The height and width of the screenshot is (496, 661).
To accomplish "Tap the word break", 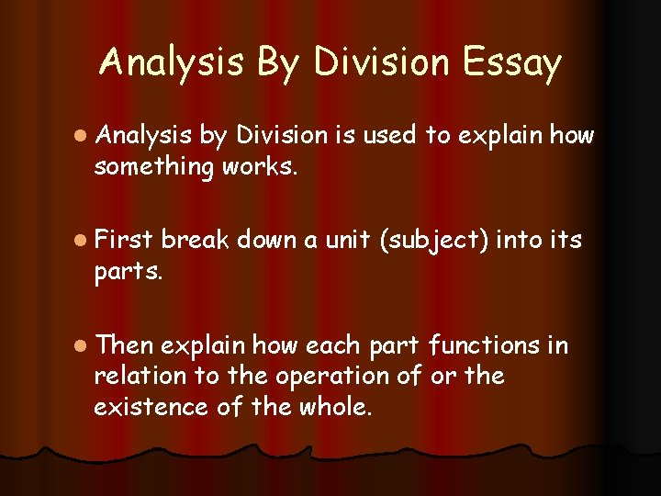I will click(195, 240).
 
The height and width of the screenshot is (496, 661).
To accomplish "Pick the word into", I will click(521, 240).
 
